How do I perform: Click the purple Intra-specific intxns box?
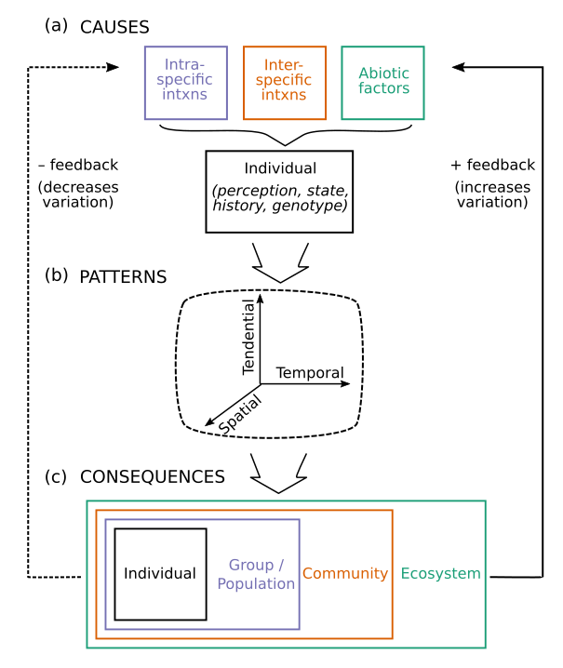tap(186, 83)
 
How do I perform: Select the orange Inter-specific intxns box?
tap(284, 83)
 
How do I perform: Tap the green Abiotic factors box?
tap(382, 83)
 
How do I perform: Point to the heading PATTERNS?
tap(123, 277)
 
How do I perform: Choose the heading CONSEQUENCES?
tap(153, 476)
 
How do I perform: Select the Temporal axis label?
tap(310, 372)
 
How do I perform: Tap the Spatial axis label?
tap(241, 414)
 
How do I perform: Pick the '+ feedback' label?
tap(492, 166)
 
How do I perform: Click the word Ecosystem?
tap(440, 573)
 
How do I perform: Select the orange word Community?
tap(345, 573)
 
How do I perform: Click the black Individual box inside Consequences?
tap(160, 573)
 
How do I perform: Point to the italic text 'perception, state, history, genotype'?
tap(279, 196)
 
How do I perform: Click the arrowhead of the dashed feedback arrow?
tap(114, 67)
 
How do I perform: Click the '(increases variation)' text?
tap(492, 194)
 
